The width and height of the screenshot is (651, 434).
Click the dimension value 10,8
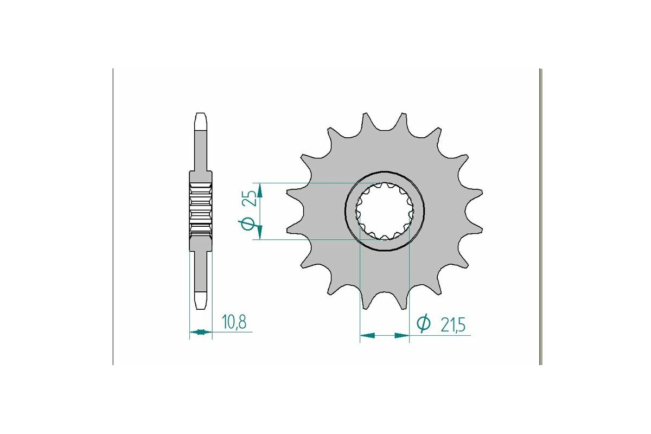pyautogui.click(x=234, y=322)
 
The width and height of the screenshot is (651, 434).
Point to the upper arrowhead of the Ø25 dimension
pyautogui.click(x=260, y=191)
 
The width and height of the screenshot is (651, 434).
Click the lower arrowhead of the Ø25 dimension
pyautogui.click(x=260, y=232)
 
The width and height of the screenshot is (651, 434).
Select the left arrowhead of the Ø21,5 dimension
pyautogui.click(x=367, y=336)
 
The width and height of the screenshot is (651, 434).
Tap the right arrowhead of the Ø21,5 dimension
pyautogui.click(x=401, y=336)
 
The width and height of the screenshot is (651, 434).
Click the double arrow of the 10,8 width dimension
pyautogui.click(x=201, y=331)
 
